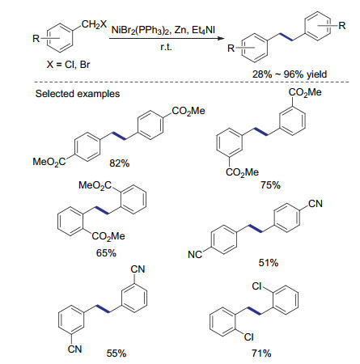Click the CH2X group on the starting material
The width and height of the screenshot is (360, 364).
[x=94, y=25]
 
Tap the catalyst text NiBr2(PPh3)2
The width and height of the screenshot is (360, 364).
[x=141, y=30]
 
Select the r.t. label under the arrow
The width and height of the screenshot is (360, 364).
[x=166, y=48]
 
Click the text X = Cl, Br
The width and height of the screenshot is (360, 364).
[x=69, y=65]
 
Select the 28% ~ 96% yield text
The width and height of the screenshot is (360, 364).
[x=290, y=74]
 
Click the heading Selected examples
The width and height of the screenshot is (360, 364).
[x=78, y=94]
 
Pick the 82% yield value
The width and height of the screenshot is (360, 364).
[x=120, y=163]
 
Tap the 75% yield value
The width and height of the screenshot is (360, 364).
[x=270, y=185]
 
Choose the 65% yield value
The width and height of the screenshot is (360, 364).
[x=106, y=253]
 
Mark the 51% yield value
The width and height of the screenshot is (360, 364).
[x=269, y=262]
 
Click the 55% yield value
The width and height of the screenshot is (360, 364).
[x=116, y=353]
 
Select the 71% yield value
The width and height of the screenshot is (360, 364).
[x=261, y=353]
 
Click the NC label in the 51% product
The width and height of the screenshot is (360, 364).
[x=195, y=254]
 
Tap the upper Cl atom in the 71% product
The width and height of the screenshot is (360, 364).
[x=256, y=286]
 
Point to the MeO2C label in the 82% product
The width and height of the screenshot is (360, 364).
[x=49, y=162]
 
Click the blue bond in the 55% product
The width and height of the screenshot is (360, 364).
[x=104, y=309]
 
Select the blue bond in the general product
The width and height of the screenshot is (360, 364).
[x=286, y=37]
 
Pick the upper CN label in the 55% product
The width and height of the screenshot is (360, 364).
[x=138, y=269]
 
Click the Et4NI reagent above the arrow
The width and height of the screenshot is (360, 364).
[x=204, y=30]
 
